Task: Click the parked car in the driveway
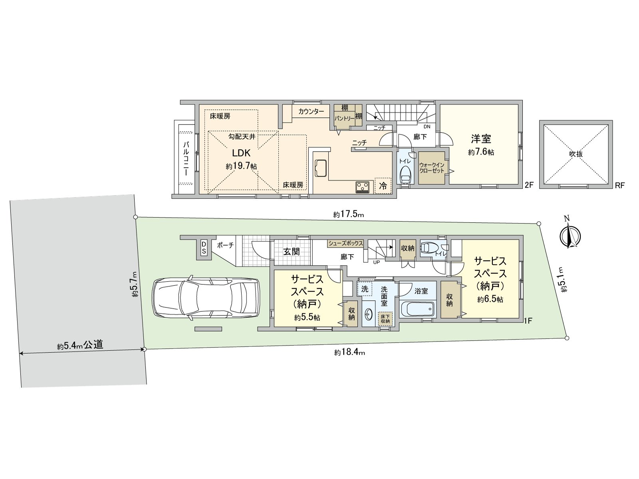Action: point(206,298)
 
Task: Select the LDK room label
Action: point(241,153)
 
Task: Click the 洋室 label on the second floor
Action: point(481,139)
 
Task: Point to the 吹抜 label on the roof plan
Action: point(576,154)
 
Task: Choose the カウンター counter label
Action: point(311,111)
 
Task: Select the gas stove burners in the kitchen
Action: point(363,187)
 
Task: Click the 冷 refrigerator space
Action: point(383,186)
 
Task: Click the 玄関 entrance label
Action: point(291,252)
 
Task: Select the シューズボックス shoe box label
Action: point(345,243)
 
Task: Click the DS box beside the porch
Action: point(204,248)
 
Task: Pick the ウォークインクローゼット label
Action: point(431,168)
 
